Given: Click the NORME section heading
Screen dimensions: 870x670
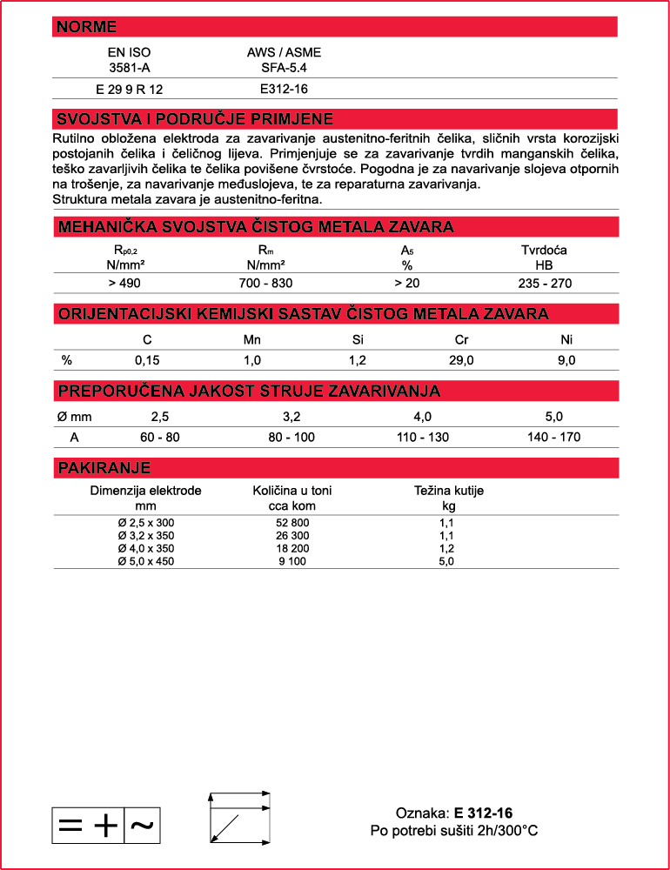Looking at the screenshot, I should click(87, 27).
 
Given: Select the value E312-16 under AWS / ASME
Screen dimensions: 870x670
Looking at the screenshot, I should click(284, 89).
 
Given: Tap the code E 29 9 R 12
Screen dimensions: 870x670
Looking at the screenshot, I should click(129, 89).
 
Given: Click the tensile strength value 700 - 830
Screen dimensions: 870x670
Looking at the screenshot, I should click(265, 283).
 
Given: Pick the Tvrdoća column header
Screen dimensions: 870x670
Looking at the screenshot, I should click(544, 251).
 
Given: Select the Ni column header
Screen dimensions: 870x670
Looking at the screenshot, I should click(566, 340).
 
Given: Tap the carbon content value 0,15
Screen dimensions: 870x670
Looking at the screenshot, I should click(146, 360).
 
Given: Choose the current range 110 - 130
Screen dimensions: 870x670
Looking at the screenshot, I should click(423, 437).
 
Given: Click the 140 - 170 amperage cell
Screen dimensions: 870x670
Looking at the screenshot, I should click(553, 437).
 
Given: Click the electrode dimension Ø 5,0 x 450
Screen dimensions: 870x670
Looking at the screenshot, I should click(145, 561).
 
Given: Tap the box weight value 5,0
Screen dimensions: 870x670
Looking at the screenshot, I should click(447, 561).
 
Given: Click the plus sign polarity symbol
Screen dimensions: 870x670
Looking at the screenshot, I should click(105, 825).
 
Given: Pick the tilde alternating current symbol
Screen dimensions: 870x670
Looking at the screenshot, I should click(143, 825).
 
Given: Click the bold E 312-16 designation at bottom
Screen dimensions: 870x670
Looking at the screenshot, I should click(483, 813).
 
